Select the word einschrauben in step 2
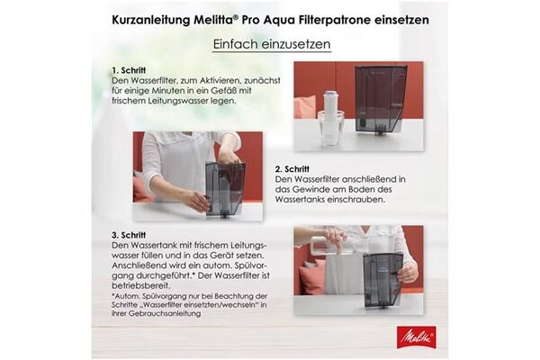pos(368,201)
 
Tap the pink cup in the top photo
pos(305,107)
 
